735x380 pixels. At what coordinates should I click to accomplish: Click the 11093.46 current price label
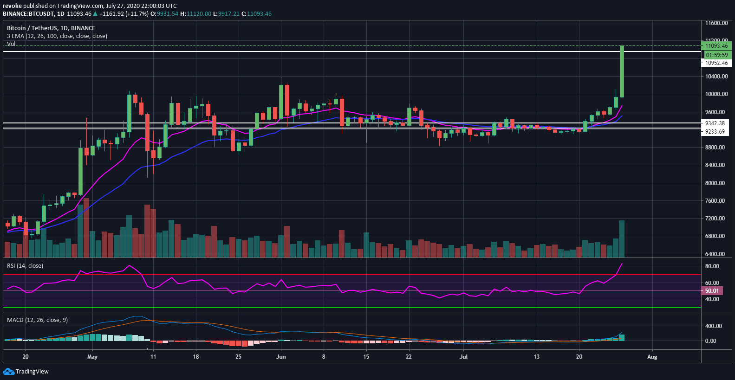[x=716, y=46]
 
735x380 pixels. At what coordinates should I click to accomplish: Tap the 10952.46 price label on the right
[x=716, y=63]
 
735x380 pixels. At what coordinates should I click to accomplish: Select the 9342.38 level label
[x=715, y=123]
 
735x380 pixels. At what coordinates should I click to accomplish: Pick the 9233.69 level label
[x=715, y=132]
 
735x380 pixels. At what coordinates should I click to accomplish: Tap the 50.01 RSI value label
[x=712, y=291]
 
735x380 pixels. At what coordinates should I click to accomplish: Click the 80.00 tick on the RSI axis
[x=712, y=266]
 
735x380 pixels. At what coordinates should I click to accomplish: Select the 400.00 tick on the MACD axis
[x=714, y=326]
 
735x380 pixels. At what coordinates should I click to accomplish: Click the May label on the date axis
[x=92, y=357]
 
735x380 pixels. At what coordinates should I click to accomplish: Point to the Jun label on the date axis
[x=281, y=357]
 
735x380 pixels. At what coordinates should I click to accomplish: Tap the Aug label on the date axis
[x=652, y=357]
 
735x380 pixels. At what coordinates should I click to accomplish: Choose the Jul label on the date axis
[x=463, y=357]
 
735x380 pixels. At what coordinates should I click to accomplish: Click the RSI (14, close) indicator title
[x=25, y=266]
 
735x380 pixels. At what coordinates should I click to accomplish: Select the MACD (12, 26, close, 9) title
[x=37, y=320]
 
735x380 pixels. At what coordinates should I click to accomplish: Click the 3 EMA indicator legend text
[x=57, y=36]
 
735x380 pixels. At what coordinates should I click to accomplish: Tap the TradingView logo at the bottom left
[x=26, y=372]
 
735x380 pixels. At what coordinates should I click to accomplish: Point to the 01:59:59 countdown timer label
[x=716, y=55]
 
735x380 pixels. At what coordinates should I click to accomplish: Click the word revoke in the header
[x=13, y=6]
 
